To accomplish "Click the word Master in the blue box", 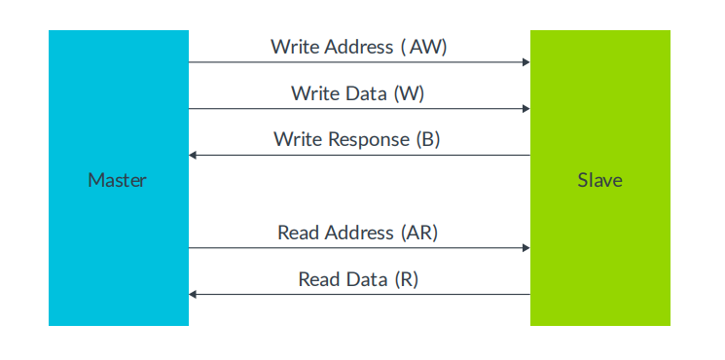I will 118,180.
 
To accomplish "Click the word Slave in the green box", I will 599,180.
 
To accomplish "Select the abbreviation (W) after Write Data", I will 409,93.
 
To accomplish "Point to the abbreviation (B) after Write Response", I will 428,139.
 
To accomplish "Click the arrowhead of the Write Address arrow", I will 526,62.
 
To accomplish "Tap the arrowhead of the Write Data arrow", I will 526,109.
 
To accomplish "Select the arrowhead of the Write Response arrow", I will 193,155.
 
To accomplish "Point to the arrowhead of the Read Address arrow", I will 526,248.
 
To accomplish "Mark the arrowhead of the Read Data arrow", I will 193,294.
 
